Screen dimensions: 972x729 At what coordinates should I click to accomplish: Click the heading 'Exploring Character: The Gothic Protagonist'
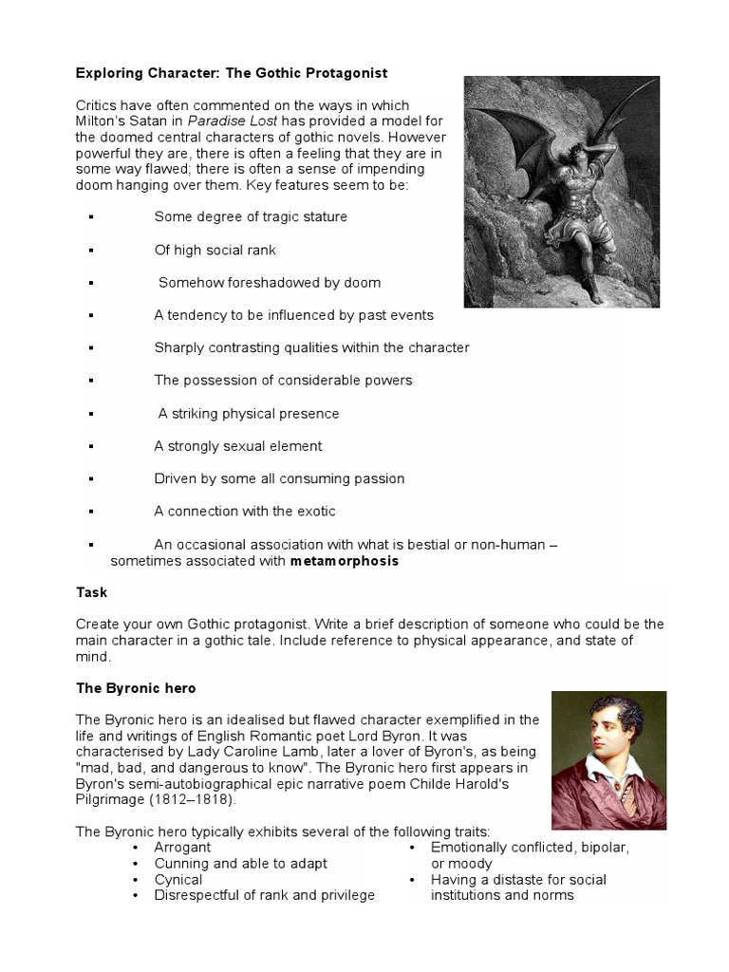232,73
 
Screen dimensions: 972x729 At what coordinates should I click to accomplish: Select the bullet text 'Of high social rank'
215,250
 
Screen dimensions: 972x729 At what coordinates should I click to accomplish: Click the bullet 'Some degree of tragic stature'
251,216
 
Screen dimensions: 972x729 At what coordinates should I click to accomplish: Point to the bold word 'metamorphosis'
345,561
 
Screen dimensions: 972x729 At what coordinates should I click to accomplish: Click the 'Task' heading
92,592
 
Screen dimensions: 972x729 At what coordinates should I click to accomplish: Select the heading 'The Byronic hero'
135,687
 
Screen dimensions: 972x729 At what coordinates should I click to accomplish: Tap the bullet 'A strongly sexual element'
238,446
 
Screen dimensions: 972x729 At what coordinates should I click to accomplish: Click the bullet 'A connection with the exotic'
245,511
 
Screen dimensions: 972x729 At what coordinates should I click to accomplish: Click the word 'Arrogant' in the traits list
182,847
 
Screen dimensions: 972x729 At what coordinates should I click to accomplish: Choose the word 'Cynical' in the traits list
178,879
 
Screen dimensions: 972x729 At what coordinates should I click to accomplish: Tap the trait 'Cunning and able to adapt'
240,863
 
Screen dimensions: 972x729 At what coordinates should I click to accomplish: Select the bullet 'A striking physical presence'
248,414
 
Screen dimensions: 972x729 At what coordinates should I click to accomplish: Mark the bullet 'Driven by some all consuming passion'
279,478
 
